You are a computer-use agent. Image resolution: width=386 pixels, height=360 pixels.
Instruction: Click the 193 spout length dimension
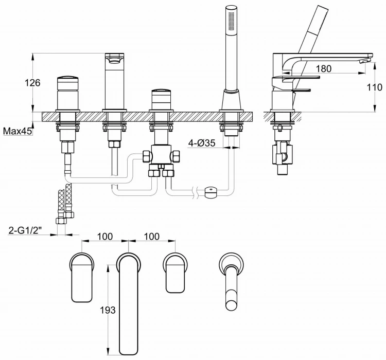click(x=108, y=310)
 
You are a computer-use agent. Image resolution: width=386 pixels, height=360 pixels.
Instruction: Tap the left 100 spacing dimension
click(x=104, y=237)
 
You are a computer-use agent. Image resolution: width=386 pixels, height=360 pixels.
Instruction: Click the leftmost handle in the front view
click(x=67, y=93)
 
